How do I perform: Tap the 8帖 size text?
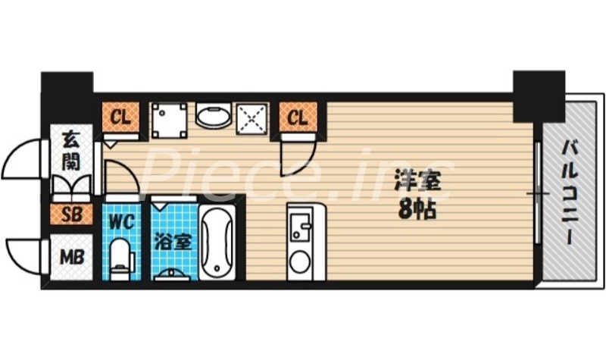[416, 210]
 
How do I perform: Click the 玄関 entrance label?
[72, 150]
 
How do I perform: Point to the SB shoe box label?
[72, 214]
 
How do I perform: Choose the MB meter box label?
[72, 255]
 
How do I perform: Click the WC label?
[121, 222]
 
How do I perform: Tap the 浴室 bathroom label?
[173, 243]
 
